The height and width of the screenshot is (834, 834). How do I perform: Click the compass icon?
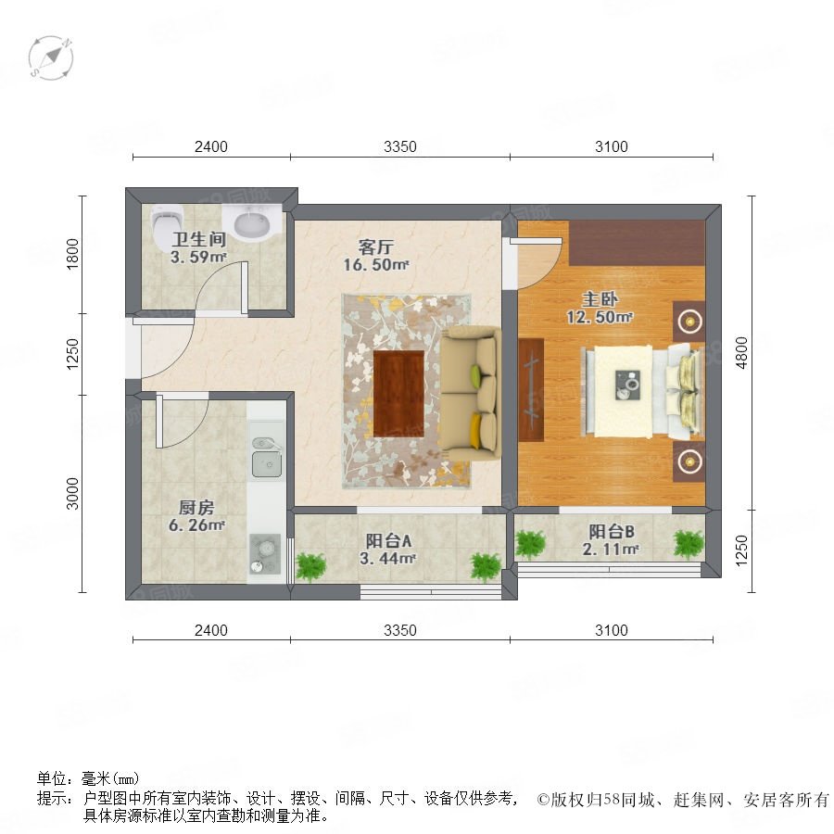coord(51,58)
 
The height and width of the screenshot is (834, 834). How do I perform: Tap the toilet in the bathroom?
coord(167,223)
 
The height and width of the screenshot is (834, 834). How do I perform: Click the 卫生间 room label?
coord(199,239)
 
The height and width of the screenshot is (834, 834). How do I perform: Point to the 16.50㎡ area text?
coord(376,264)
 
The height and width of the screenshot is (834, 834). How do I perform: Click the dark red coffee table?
coord(398,394)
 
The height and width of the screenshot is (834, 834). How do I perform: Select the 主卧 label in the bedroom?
coord(600,299)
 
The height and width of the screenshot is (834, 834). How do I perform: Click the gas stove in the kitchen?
coord(265,554)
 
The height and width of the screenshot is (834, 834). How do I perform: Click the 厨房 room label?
coord(196,508)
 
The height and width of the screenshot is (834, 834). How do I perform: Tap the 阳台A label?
coord(388,541)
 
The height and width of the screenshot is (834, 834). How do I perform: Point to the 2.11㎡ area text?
coord(611,549)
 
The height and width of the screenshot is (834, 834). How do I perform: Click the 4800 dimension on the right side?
coord(741,353)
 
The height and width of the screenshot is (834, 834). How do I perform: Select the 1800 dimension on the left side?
coord(72,254)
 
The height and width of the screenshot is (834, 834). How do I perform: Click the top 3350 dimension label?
coord(400,146)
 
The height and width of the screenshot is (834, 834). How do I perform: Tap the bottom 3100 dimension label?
coord(612,630)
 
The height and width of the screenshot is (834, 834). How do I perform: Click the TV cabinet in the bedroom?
coord(531,390)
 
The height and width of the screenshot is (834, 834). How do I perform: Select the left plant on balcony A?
coord(310,567)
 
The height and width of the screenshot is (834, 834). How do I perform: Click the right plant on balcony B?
coord(689,545)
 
